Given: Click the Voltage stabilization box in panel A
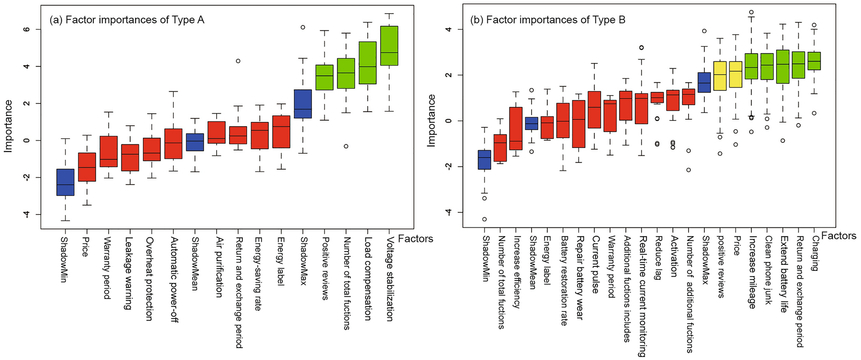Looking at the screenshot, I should (389, 45).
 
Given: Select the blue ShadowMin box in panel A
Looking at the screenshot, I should (65, 182).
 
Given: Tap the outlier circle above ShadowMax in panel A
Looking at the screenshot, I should (303, 27).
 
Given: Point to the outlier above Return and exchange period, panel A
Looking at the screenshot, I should (238, 61).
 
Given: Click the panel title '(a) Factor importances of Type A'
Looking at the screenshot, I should (127, 20).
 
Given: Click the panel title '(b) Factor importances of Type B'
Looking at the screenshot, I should (548, 20).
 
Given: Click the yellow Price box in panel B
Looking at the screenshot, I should (736, 74).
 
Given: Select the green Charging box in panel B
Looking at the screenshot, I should (814, 61).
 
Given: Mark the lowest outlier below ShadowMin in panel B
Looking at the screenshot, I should (484, 219).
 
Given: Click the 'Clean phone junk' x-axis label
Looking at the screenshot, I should (768, 270).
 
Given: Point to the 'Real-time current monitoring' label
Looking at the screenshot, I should (642, 296).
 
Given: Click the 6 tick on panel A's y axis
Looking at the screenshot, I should (27, 29).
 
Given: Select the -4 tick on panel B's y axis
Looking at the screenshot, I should (449, 212).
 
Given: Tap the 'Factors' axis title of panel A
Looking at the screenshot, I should (415, 239).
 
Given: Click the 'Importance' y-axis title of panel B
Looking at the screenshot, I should (431, 121).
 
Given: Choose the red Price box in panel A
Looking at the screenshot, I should (87, 167).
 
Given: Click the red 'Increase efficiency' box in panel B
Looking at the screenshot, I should (516, 128).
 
